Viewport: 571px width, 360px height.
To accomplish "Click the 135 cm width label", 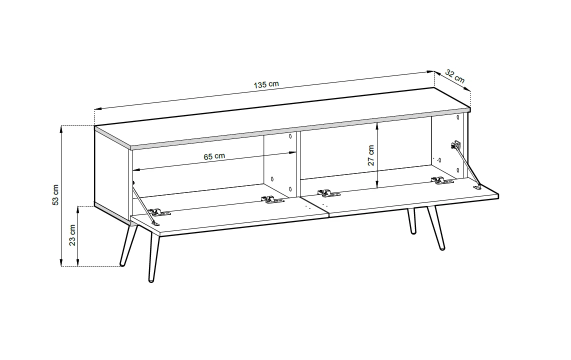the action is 266,84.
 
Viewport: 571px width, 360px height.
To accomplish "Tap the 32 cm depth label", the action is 455,76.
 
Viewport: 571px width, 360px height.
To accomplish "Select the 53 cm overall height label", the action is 55,194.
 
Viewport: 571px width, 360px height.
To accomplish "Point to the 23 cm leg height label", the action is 72,235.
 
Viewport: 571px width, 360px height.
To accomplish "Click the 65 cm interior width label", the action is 214,156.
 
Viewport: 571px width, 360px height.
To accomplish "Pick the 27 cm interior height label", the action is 370,155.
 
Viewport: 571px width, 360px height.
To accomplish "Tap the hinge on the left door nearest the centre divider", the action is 272,199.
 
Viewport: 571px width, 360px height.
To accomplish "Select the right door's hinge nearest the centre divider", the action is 328,193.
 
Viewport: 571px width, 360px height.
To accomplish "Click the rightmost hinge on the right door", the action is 442,180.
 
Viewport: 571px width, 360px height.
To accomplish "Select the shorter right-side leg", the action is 411,221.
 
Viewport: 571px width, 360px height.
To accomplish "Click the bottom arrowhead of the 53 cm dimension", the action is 61,263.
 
